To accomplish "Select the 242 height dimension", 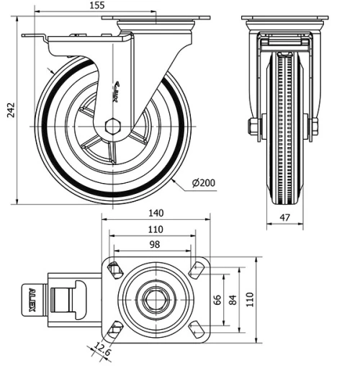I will point(9,110).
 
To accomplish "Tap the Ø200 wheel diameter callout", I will point(204,184).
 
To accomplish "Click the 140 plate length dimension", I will point(156,213).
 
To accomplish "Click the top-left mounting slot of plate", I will point(114,270).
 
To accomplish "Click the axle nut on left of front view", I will point(253,128).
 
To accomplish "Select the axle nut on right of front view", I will point(314,128).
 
